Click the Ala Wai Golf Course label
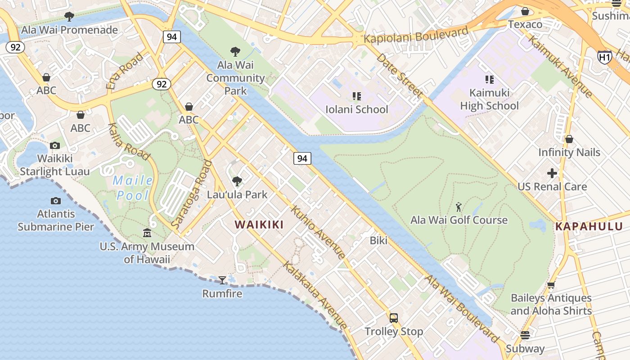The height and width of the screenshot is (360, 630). tap(459, 220)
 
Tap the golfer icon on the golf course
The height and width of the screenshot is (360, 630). tap(459, 207)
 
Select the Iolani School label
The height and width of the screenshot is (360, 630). tap(356, 109)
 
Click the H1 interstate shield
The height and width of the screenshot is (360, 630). tap(604, 57)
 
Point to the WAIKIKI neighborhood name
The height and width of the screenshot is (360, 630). tap(259, 225)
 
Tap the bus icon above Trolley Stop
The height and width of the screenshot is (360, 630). tap(394, 318)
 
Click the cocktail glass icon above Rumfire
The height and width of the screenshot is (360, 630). tap(222, 280)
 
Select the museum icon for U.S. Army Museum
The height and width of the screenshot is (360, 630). tap(147, 233)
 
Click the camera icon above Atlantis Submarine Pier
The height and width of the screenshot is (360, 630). tap(56, 201)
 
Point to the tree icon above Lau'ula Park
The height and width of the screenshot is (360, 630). tap(237, 181)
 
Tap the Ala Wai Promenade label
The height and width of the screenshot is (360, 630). tap(70, 30)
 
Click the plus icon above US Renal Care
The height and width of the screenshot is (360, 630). tap(552, 173)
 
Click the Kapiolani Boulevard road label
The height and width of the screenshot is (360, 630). tap(416, 35)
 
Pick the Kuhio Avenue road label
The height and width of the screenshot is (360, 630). tap(318, 232)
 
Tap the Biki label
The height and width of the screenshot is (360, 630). tap(378, 240)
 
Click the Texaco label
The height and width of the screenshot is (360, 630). tap(525, 24)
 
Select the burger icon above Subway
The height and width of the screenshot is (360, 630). tap(525, 335)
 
